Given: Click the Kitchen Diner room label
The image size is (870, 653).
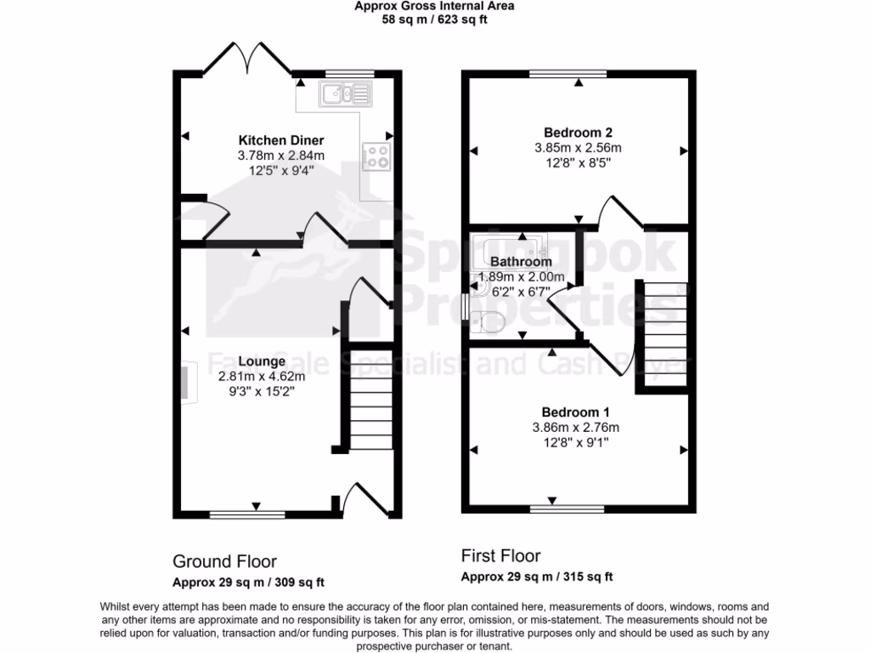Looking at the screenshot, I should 280,140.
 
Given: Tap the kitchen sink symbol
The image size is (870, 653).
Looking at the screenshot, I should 344,93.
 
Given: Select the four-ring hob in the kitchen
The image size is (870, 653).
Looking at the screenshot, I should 376,156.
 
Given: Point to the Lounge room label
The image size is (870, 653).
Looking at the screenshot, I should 261,361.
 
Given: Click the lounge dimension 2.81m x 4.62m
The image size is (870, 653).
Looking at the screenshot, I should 261,376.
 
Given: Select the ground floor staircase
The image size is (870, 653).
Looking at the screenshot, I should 371,400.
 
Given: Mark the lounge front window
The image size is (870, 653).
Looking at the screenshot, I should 235,514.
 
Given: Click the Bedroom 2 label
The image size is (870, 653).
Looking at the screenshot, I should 578,132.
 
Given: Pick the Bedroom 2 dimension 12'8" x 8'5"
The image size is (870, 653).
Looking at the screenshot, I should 578,162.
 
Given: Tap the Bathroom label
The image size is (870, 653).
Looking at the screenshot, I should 521,262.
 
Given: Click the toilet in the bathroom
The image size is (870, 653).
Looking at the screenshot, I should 489,322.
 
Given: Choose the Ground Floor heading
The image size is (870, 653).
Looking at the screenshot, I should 224,561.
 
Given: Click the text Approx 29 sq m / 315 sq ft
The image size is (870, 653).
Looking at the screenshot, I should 537,576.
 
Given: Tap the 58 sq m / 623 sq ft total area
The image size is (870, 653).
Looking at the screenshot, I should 434,20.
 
